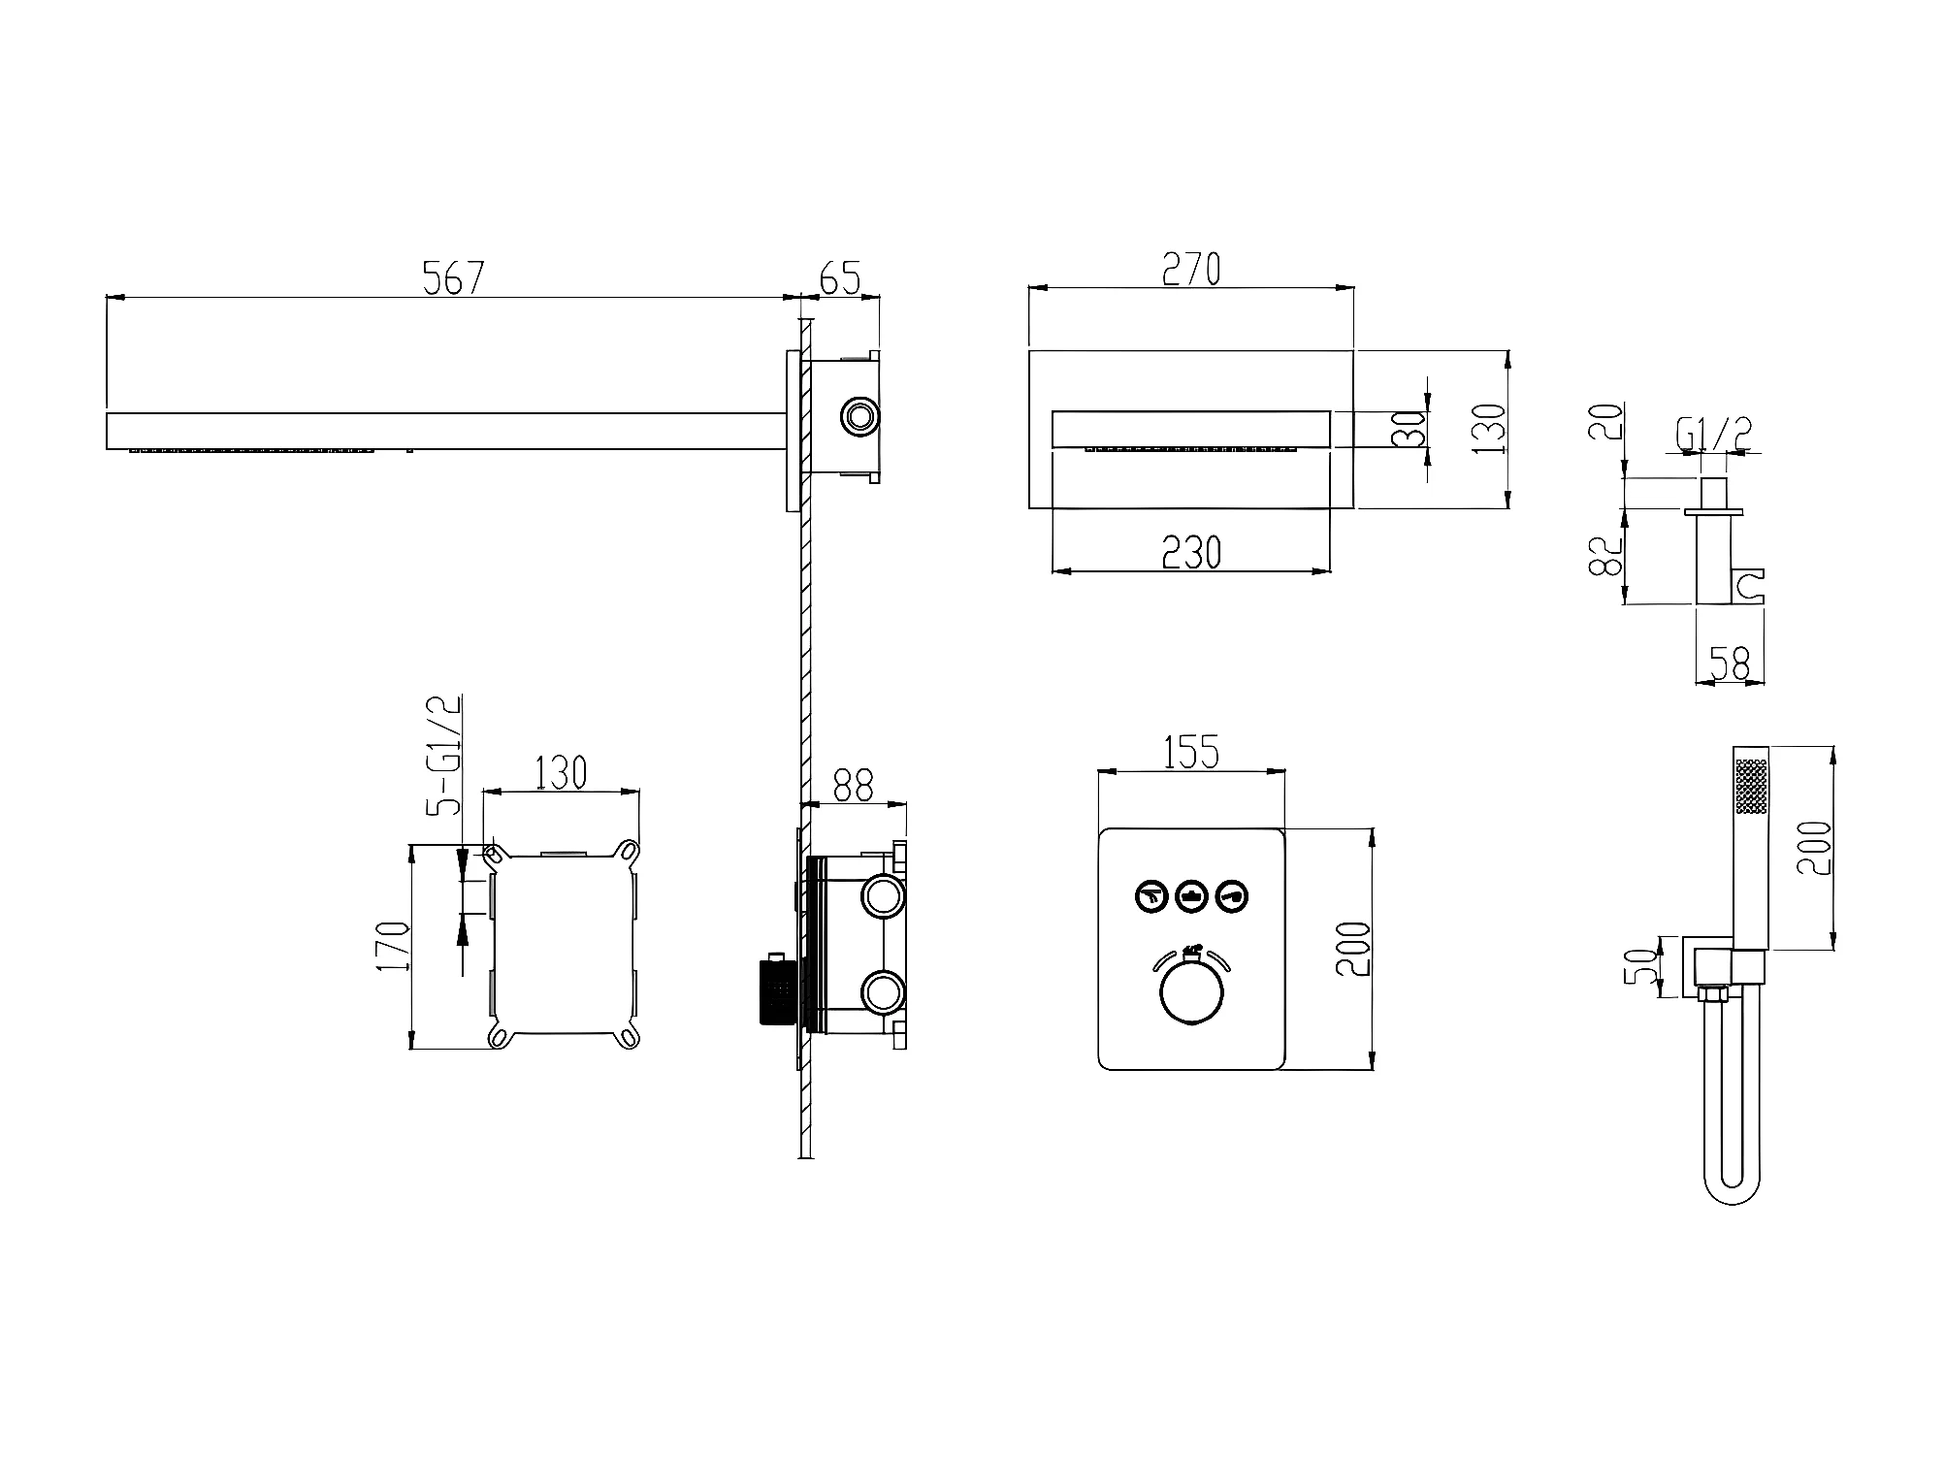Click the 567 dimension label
pyautogui.click(x=453, y=278)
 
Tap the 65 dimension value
pyautogui.click(x=840, y=278)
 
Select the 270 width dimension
pyautogui.click(x=1191, y=270)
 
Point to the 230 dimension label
pyautogui.click(x=1191, y=552)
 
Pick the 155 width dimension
pyautogui.click(x=1191, y=753)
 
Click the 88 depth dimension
pyautogui.click(x=854, y=786)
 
